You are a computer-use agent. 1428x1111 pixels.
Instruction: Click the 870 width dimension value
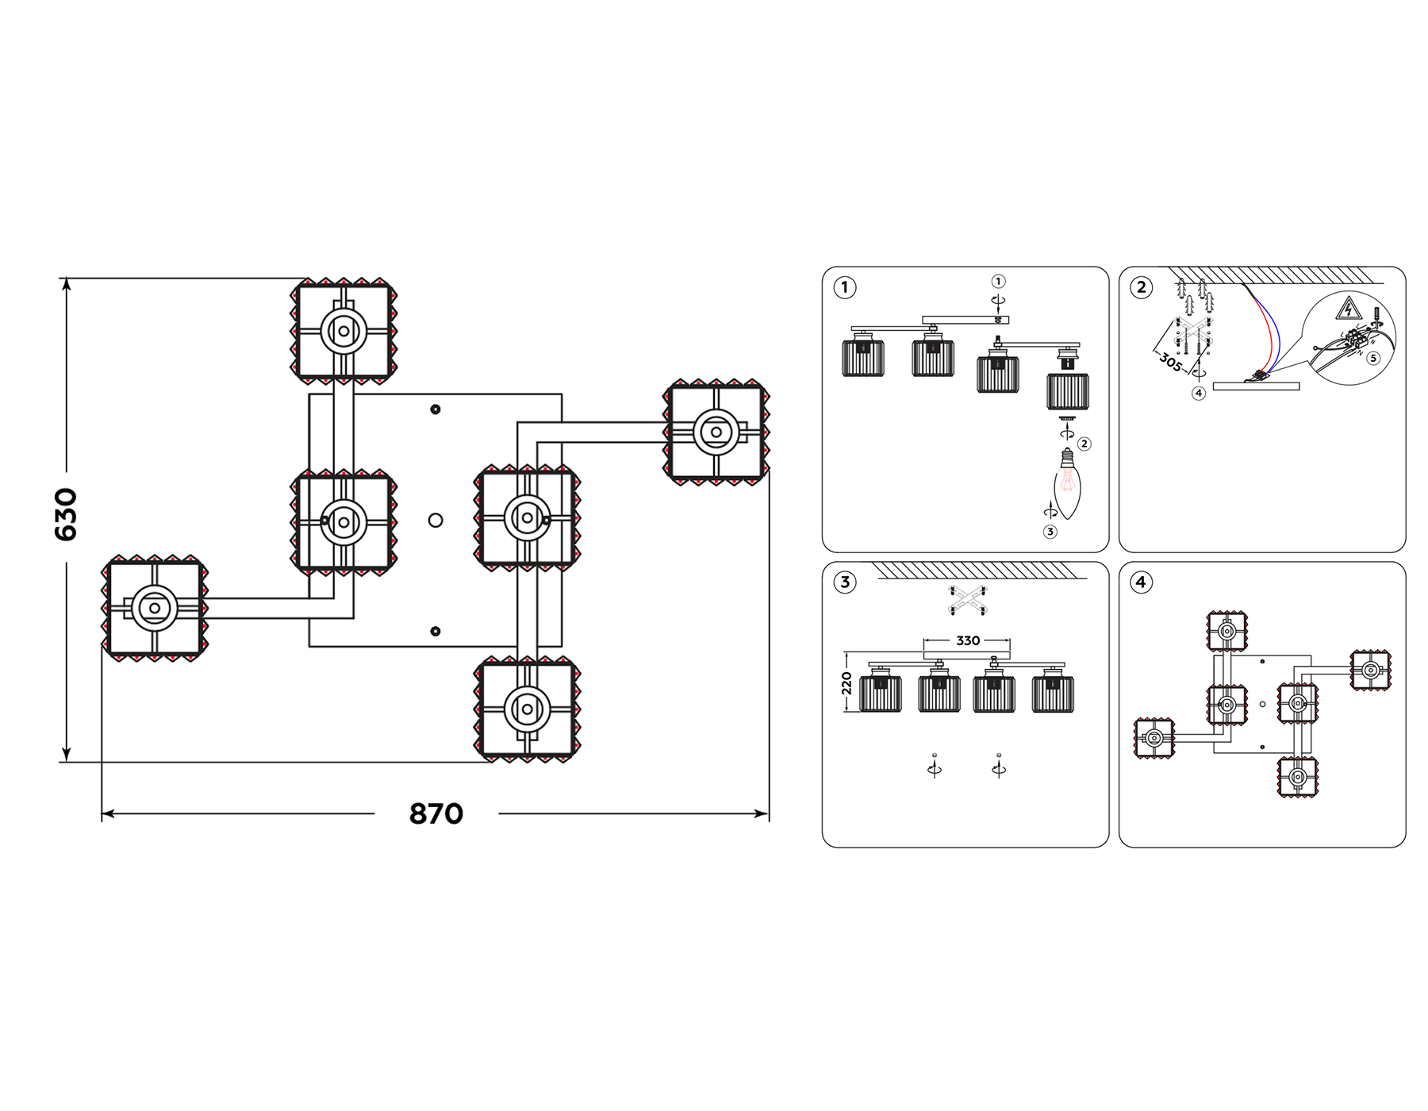click(x=436, y=814)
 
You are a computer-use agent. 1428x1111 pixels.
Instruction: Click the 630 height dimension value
click(x=66, y=514)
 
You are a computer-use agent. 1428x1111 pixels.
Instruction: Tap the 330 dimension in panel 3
click(x=968, y=640)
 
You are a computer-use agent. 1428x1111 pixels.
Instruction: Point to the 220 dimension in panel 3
click(x=846, y=683)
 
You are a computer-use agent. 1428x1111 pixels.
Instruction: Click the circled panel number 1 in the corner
click(x=845, y=287)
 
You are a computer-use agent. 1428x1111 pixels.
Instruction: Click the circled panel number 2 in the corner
click(x=1142, y=287)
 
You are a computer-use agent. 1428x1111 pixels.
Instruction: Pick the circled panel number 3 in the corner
click(x=845, y=582)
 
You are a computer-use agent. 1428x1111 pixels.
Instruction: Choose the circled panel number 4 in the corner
click(x=1142, y=582)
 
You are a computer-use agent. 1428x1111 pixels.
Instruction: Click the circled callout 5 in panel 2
click(x=1373, y=358)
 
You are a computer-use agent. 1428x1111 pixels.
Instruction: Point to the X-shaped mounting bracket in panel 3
click(x=966, y=600)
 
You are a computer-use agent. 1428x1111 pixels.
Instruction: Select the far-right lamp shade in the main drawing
click(x=716, y=432)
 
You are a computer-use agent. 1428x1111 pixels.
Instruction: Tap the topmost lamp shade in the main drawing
click(x=343, y=331)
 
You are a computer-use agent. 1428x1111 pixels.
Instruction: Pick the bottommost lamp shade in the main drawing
click(x=528, y=709)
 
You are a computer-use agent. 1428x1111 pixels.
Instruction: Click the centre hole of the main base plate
click(x=436, y=521)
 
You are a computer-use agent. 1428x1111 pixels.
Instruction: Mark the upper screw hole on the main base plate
click(x=436, y=409)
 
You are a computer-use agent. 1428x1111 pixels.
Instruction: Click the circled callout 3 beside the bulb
click(x=1050, y=532)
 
